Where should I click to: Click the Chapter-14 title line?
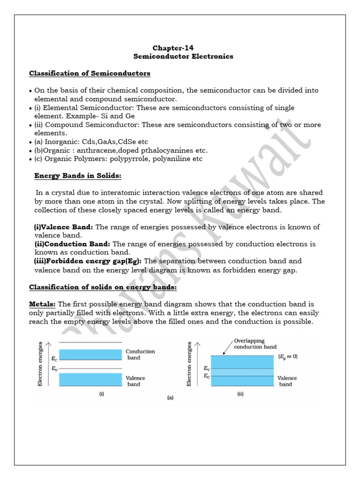point(173,48)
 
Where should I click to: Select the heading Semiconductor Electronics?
point(183,56)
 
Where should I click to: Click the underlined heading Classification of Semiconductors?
point(90,73)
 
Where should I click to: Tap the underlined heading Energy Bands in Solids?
point(77,175)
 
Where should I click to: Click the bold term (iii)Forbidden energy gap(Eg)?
point(88,261)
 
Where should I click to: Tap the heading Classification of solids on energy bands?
point(103,287)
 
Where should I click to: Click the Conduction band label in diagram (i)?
point(140,354)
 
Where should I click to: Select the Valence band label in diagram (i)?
point(135,381)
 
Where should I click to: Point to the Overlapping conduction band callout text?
point(255,344)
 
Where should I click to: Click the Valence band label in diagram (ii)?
point(287,381)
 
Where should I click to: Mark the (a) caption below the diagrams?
point(170,398)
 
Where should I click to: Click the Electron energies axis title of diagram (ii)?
point(189,364)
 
